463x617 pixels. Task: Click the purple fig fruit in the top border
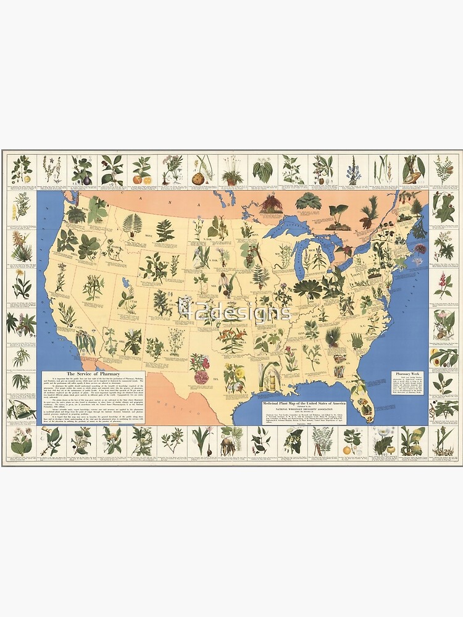(82, 176)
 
